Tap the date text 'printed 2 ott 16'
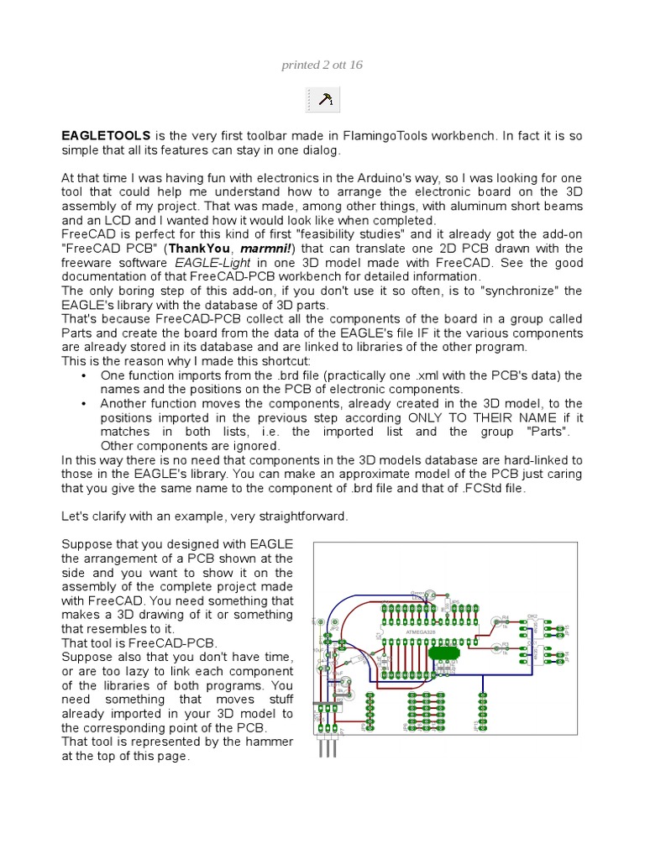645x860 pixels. pos(322,65)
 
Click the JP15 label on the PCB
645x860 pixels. pos(568,628)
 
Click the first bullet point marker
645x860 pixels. pos(83,375)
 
